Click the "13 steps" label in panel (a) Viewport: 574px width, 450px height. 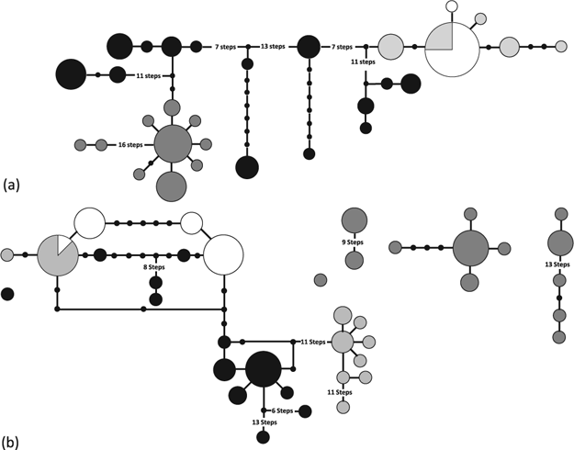click(x=272, y=46)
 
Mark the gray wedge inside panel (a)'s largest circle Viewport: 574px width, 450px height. click(x=440, y=37)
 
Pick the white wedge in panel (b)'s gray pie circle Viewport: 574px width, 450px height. click(x=63, y=242)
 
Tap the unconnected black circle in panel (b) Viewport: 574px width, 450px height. click(x=7, y=294)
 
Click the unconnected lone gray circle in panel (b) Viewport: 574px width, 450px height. click(x=321, y=280)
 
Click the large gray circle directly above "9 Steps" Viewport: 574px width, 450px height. click(x=355, y=220)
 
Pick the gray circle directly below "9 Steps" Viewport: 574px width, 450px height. click(x=355, y=261)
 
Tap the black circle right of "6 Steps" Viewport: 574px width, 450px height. click(x=305, y=411)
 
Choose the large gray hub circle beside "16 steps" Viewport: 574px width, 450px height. click(x=173, y=144)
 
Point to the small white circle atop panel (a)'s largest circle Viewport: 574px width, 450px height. click(x=451, y=7)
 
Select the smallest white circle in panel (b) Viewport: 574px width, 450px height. click(x=192, y=223)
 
